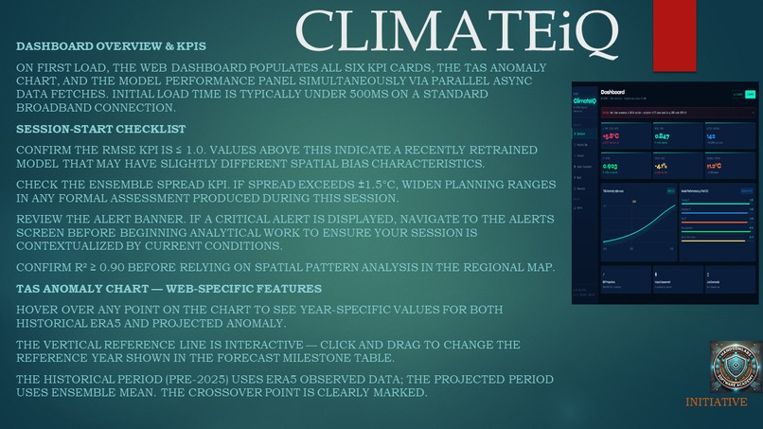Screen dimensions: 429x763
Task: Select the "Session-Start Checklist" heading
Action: click(x=101, y=129)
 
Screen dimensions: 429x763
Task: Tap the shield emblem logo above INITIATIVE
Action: click(x=735, y=367)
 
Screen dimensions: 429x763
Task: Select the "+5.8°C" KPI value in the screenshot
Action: click(x=612, y=136)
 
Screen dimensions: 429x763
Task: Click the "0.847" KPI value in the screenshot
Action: click(x=663, y=136)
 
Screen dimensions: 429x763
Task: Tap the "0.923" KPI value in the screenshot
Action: click(x=612, y=167)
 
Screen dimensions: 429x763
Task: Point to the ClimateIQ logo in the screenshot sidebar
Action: click(x=585, y=98)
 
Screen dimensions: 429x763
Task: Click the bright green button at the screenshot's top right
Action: click(x=751, y=95)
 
